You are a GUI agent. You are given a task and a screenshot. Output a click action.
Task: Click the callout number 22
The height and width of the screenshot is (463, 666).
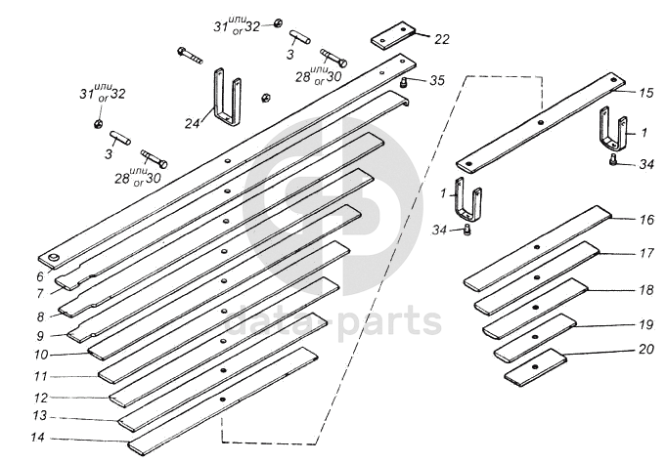tap(442, 39)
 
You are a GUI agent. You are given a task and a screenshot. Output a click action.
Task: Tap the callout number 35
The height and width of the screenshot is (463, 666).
tap(435, 80)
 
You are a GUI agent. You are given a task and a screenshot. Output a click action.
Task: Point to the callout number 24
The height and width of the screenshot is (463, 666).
tap(192, 123)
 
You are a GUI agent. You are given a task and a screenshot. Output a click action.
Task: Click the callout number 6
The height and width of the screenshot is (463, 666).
tap(39, 277)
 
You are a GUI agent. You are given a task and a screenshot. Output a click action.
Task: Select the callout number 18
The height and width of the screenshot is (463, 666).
tap(645, 290)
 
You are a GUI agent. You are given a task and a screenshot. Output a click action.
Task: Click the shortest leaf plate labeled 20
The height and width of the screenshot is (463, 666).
tap(536, 364)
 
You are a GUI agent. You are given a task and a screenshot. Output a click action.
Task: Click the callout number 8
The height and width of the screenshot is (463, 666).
tap(40, 316)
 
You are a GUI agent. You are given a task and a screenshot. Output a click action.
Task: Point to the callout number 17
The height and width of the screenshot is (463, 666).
tap(645, 253)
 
